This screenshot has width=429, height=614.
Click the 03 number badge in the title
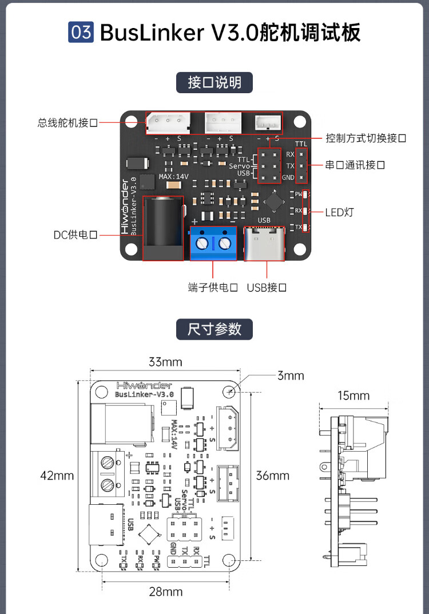[x=81, y=32]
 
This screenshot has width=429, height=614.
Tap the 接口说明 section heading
[x=214, y=82]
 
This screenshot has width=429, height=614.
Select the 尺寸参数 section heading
[x=214, y=329]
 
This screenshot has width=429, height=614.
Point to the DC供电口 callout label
[x=75, y=235]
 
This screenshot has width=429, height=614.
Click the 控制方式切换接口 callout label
[x=366, y=138]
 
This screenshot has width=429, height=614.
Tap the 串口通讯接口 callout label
[x=355, y=165]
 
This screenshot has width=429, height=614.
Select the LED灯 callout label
[x=339, y=213]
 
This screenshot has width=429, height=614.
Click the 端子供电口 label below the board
[x=213, y=287]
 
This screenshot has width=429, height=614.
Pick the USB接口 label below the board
[x=267, y=287]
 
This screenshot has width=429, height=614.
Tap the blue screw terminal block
[x=213, y=243]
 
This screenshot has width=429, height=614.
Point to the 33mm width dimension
[x=165, y=362]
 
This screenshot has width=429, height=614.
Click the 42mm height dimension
[x=57, y=475]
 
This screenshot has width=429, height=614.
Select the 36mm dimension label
[x=272, y=475]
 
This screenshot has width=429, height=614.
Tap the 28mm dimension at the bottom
[x=165, y=592]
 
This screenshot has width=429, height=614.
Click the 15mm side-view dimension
[x=353, y=396]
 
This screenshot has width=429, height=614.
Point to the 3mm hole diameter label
[x=291, y=376]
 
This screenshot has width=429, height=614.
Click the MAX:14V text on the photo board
[x=173, y=177]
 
